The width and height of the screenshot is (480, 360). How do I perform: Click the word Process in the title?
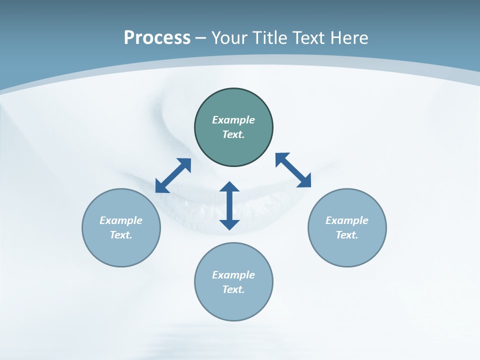click(x=157, y=38)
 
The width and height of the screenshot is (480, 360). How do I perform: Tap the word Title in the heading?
click(x=270, y=38)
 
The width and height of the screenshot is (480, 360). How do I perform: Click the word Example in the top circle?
click(x=233, y=120)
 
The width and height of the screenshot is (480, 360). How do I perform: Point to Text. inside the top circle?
click(x=233, y=134)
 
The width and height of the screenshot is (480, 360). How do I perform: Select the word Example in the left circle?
click(x=121, y=220)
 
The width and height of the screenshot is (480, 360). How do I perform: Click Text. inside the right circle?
click(x=347, y=235)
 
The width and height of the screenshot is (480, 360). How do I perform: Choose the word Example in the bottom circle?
click(x=233, y=275)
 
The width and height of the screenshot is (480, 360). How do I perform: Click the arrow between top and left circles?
click(x=173, y=175)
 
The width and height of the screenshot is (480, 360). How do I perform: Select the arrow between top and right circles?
click(x=293, y=170)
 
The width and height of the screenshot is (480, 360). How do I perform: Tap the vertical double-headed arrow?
click(x=229, y=206)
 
